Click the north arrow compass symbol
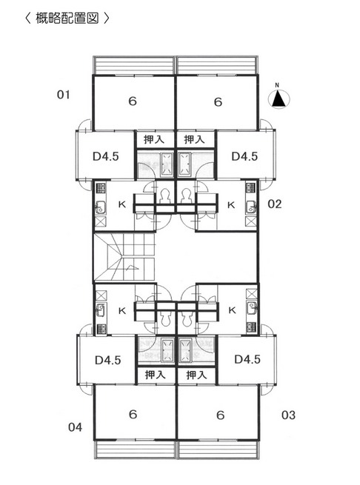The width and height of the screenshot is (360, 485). tap(279, 98)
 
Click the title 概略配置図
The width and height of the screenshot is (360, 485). tap(67, 18)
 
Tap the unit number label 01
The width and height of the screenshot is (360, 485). tap(63, 95)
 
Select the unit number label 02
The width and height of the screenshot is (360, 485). tap(275, 204)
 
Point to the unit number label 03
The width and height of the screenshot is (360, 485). tap(288, 415)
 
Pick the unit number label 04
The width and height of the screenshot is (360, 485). tap(76, 427)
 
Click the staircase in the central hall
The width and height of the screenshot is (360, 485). tap(124, 258)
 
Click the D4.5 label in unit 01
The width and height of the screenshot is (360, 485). tap(105, 156)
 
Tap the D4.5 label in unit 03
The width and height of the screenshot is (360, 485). tap(247, 359)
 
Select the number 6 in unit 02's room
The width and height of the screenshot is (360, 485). tap(218, 101)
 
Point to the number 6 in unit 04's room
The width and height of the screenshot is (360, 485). tap(133, 414)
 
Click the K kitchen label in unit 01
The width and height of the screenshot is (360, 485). tap(122, 204)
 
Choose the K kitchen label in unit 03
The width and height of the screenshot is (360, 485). tap(232, 310)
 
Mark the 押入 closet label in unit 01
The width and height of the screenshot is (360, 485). tap(154, 139)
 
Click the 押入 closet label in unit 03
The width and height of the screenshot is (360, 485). tap(196, 375)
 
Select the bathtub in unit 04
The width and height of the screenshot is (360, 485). tap(167, 350)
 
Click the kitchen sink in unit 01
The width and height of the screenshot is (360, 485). tap(100, 207)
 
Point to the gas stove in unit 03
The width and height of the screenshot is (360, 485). tap(251, 328)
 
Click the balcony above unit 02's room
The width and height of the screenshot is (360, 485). tap(217, 65)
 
